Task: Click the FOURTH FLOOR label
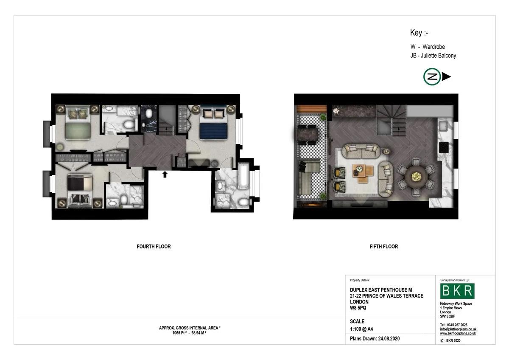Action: [154, 247]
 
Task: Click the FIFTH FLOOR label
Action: [384, 247]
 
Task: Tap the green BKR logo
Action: [457, 291]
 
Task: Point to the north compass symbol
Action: [437, 77]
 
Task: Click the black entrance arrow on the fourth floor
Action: [165, 174]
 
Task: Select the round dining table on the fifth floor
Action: [416, 176]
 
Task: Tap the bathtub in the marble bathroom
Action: [243, 176]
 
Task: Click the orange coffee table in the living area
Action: [363, 173]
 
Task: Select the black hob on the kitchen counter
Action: [444, 148]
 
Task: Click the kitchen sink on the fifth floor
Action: [443, 126]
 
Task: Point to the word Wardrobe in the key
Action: [433, 47]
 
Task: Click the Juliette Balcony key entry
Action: [433, 56]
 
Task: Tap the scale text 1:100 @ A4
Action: [361, 329]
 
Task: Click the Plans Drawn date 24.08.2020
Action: [389, 339]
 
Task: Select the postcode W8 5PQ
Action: [358, 308]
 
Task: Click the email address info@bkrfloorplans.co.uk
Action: [458, 329]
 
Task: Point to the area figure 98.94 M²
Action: [199, 333]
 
